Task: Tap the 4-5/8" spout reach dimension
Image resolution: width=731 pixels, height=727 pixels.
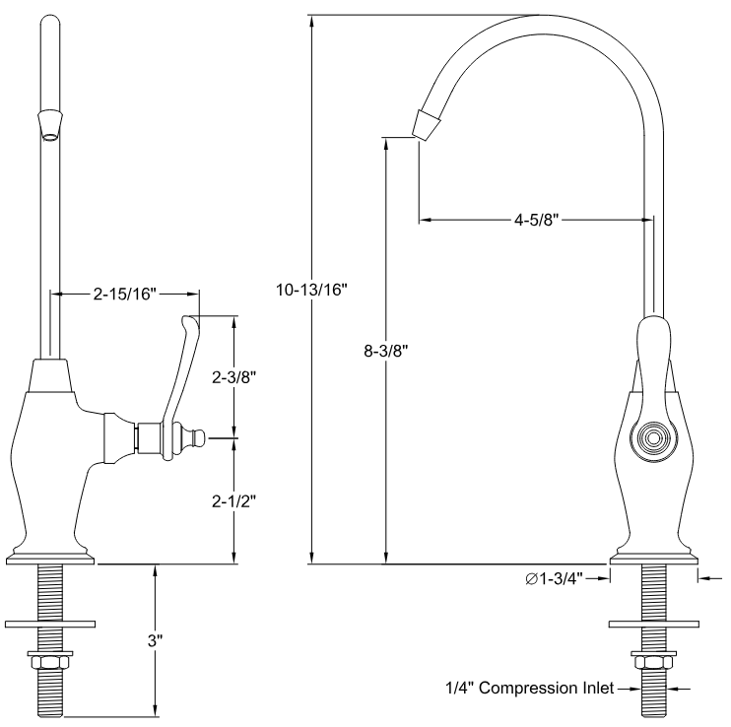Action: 537,221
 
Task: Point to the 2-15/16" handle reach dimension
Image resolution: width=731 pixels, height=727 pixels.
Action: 124,293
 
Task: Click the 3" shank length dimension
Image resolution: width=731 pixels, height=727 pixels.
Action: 154,640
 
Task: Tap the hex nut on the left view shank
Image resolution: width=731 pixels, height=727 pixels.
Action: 50,659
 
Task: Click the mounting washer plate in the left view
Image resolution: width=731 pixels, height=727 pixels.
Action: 50,624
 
